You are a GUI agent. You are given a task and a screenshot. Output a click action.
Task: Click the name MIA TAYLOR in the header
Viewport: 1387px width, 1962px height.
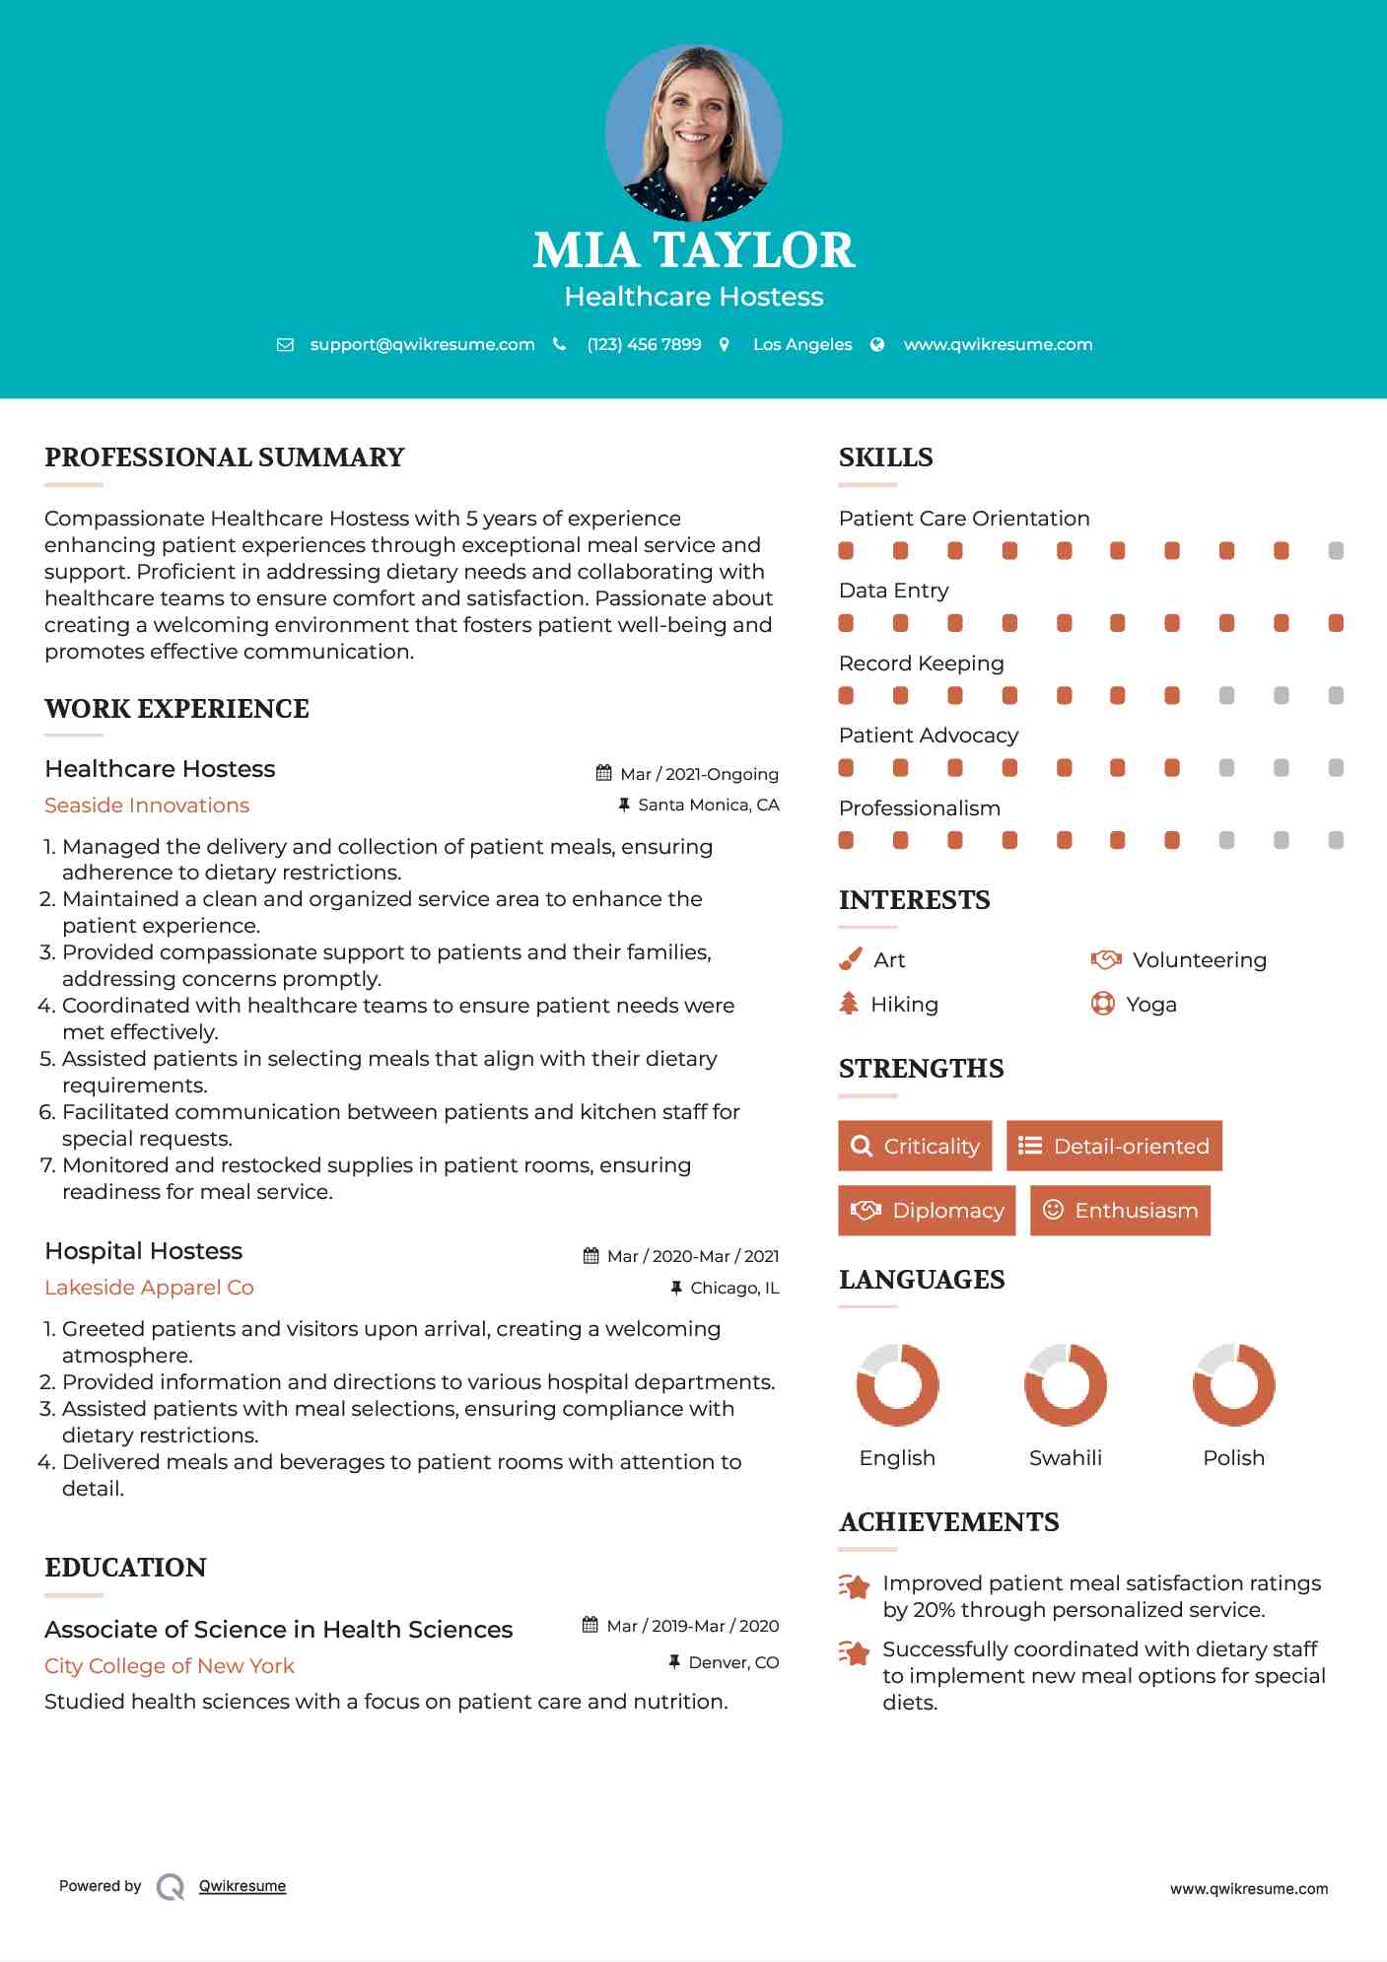point(693,250)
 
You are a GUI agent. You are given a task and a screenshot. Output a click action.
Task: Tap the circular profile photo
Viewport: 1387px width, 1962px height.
point(693,133)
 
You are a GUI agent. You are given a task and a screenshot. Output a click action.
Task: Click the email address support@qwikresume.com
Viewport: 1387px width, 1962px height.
point(422,344)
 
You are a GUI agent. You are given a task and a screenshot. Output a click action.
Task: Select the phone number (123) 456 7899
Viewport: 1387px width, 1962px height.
point(644,344)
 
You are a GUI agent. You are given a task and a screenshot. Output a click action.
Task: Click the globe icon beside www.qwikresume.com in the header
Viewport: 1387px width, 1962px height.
point(877,344)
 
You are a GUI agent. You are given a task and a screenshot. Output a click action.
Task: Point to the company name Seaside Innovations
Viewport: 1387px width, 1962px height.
point(147,806)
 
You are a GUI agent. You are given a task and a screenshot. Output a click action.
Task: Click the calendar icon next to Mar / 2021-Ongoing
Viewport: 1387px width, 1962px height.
point(604,774)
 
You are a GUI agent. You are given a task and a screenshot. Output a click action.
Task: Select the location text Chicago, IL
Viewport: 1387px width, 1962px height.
point(734,1288)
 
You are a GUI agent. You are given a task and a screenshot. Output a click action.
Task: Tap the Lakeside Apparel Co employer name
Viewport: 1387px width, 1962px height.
point(149,1288)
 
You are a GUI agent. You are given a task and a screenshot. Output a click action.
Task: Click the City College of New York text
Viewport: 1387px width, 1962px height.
point(170,1666)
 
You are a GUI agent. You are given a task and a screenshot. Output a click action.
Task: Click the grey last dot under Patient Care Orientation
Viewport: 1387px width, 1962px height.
point(1336,551)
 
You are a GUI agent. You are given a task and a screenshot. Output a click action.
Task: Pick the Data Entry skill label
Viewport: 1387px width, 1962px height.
point(893,591)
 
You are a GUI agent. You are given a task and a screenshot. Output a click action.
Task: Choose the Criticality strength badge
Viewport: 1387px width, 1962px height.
point(915,1146)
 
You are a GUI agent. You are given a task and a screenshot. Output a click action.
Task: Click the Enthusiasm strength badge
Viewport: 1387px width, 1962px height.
point(1120,1211)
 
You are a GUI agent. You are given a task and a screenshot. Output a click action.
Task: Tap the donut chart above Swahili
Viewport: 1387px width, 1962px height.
point(1065,1384)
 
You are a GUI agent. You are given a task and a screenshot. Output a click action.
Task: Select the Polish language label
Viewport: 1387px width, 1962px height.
point(1233,1458)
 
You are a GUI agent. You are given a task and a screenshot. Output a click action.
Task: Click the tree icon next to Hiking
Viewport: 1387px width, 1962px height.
point(849,1004)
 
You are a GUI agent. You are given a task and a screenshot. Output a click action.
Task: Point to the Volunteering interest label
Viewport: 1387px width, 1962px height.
point(1199,960)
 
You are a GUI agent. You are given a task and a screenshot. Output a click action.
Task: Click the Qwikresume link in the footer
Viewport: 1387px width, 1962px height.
point(243,1886)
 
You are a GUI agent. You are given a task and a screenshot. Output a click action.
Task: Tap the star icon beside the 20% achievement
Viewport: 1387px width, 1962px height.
point(855,1586)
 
